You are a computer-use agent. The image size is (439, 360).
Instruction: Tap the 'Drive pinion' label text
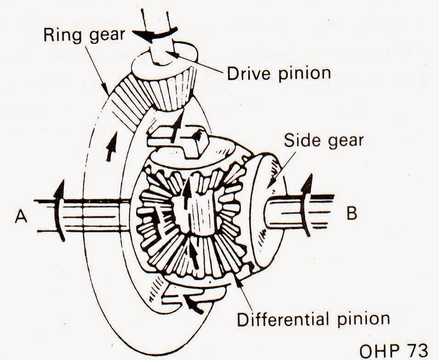point(279,73)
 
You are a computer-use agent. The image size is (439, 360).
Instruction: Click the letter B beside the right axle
point(351,214)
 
